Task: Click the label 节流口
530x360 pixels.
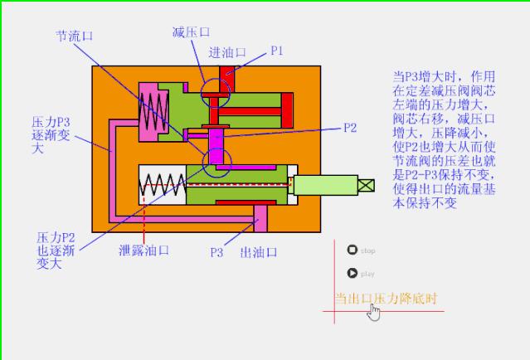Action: pyautogui.click(x=74, y=36)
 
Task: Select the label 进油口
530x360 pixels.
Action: pyautogui.click(x=227, y=52)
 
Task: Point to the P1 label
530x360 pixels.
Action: pyautogui.click(x=278, y=51)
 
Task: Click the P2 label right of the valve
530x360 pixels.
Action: pyautogui.click(x=350, y=128)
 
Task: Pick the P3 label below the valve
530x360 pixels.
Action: pyautogui.click(x=216, y=251)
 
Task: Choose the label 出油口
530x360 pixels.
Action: pyautogui.click(x=258, y=251)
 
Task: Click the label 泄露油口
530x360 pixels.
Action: pyautogui.click(x=144, y=249)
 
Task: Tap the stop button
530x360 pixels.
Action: pyautogui.click(x=353, y=250)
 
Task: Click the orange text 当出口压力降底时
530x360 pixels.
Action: pyautogui.click(x=386, y=298)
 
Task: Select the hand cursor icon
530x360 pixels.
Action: pyautogui.click(x=375, y=312)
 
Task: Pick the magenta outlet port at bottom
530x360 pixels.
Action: pyautogui.click(x=260, y=218)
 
